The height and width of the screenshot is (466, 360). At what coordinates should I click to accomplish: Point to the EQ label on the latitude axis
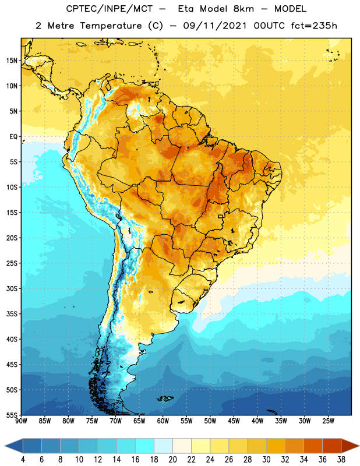point(13,137)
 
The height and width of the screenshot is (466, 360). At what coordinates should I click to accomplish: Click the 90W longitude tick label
point(21,421)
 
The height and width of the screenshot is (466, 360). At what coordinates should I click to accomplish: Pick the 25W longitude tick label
point(328,421)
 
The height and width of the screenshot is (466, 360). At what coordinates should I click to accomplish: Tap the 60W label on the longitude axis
point(163,421)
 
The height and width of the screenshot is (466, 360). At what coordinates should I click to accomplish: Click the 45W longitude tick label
point(234,421)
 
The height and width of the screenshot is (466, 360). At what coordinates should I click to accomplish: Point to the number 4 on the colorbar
point(23,460)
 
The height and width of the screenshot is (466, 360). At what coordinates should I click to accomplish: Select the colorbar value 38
point(341,460)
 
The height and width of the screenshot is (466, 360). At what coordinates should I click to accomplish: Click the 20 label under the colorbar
point(172,460)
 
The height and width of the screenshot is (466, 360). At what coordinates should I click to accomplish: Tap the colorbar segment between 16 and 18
point(145,446)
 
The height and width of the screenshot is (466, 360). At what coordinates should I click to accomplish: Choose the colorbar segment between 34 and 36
point(313,446)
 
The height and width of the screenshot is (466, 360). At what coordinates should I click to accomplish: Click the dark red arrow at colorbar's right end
point(349,446)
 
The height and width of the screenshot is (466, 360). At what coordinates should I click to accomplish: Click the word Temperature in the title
point(111,26)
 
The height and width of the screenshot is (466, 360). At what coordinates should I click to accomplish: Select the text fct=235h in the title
point(314,26)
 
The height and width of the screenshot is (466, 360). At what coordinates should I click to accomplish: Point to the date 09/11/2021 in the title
point(214,26)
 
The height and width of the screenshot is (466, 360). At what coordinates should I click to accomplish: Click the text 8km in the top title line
point(243,9)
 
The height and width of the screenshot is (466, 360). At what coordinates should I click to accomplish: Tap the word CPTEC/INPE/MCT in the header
point(109,9)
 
